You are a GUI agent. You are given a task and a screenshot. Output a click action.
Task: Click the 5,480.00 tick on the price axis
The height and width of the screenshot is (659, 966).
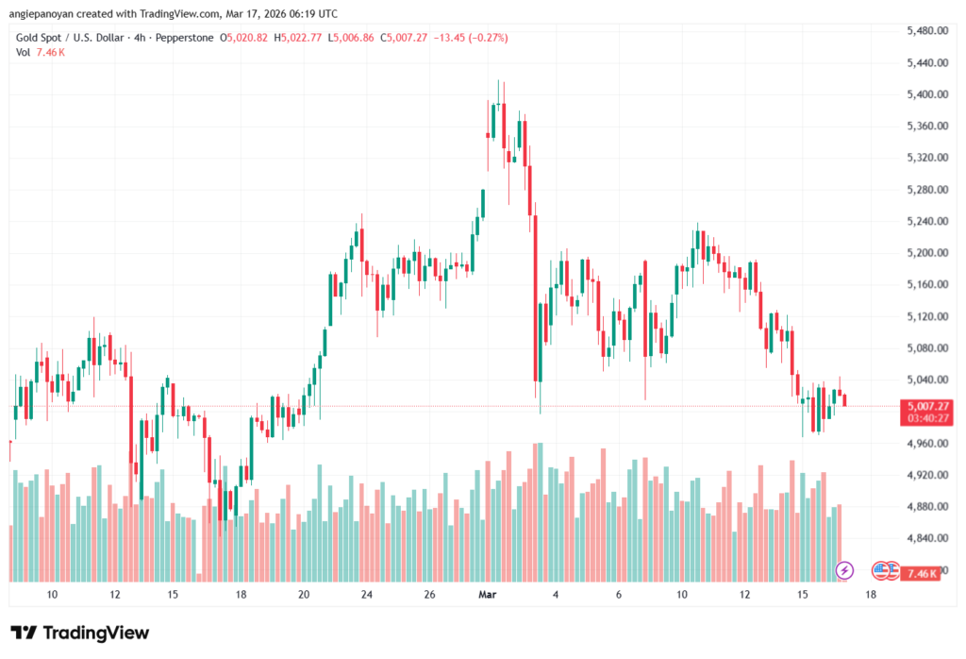pyautogui.click(x=927, y=31)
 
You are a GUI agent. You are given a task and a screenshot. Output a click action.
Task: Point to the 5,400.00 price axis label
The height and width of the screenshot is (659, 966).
pyautogui.click(x=927, y=94)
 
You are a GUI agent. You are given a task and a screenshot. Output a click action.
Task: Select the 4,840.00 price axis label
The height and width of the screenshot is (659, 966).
pyautogui.click(x=927, y=538)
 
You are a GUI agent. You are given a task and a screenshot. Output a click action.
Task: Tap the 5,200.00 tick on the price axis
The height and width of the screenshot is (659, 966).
pyautogui.click(x=927, y=253)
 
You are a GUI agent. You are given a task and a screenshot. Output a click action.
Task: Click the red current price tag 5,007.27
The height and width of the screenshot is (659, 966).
pyautogui.click(x=926, y=405)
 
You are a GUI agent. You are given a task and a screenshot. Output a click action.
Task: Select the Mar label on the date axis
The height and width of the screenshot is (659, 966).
pyautogui.click(x=488, y=595)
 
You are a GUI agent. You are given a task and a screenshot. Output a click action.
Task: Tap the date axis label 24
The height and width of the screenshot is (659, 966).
pyautogui.click(x=366, y=595)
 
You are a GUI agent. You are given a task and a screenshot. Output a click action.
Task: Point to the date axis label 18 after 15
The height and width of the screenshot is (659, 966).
pyautogui.click(x=869, y=595)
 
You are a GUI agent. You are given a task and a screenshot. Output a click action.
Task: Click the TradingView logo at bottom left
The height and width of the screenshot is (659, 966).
pyautogui.click(x=80, y=633)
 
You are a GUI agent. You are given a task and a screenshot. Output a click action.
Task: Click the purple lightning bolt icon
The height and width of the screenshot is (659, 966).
pyautogui.click(x=845, y=570)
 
